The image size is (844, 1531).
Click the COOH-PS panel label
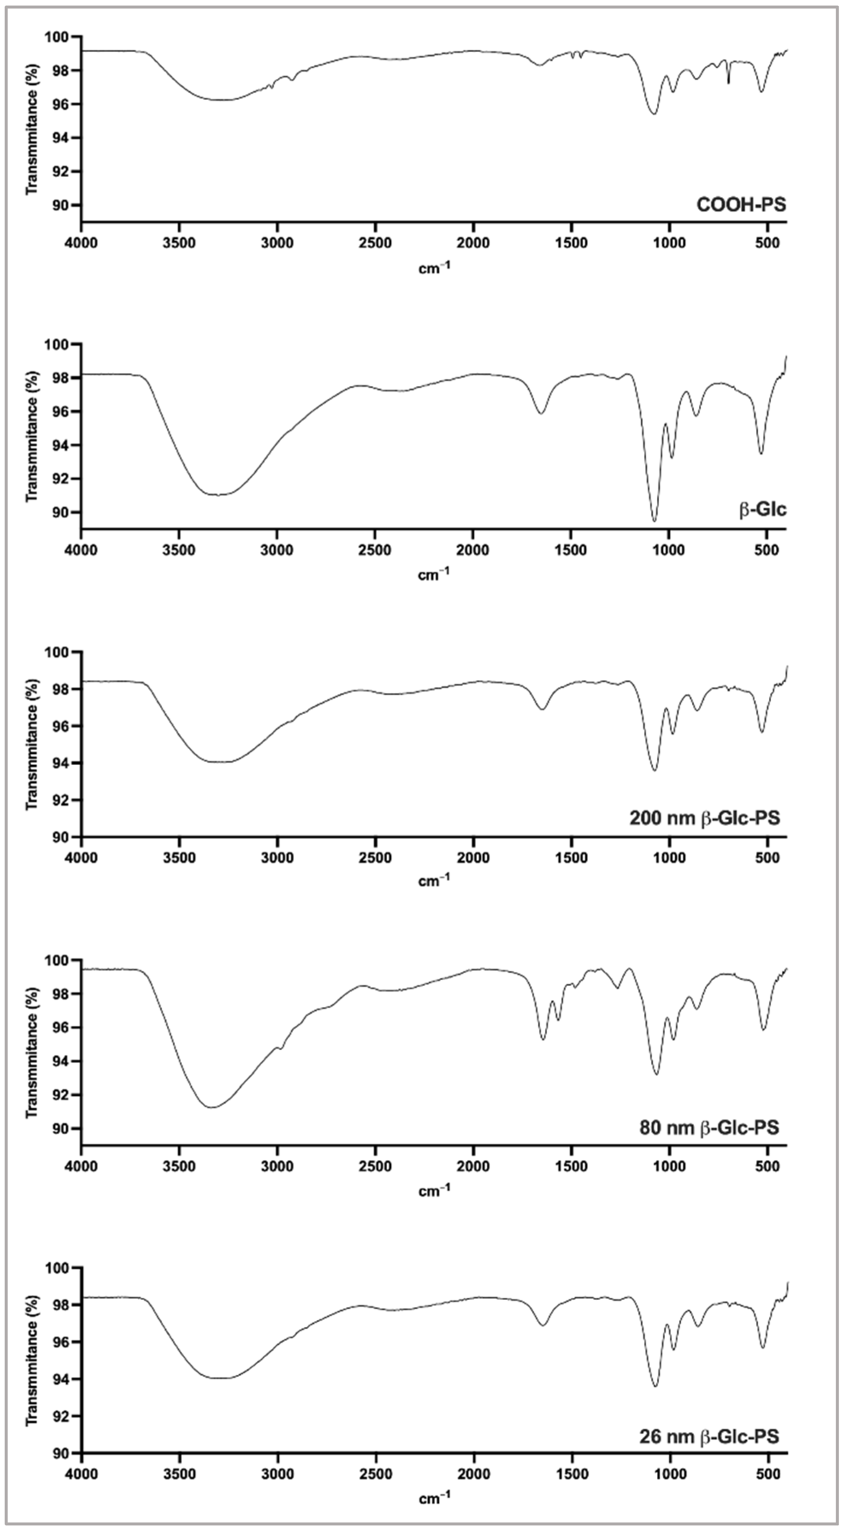point(741,205)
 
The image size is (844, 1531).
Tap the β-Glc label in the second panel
point(763,510)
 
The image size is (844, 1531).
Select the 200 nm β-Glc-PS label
point(704,818)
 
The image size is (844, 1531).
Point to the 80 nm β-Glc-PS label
point(708,1127)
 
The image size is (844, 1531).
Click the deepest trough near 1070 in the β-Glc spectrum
point(655,521)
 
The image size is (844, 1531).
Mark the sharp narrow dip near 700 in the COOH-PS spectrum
point(729,83)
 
